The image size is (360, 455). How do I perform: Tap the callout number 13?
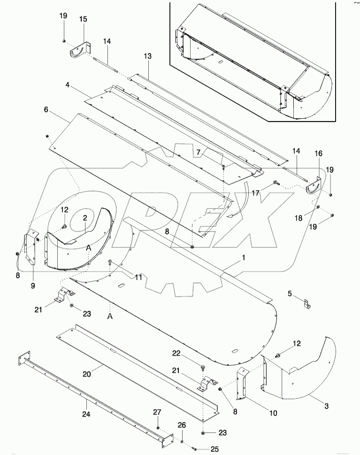[x=148, y=56]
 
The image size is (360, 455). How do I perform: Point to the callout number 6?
[x=46, y=109]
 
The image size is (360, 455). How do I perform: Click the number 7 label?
[x=199, y=152]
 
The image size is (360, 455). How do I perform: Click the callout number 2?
[x=85, y=218]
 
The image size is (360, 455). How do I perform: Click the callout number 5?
[x=290, y=294]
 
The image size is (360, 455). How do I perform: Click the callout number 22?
[x=188, y=353]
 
